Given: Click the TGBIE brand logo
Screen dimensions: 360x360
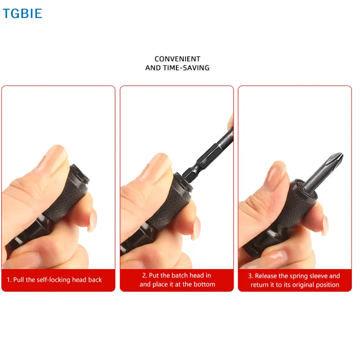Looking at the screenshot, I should [x=22, y=13].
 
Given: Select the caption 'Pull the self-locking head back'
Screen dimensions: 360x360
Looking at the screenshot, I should [x=58, y=280].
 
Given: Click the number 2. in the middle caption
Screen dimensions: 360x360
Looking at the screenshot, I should [x=145, y=275].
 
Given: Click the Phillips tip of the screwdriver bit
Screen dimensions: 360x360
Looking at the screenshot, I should [x=335, y=160].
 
